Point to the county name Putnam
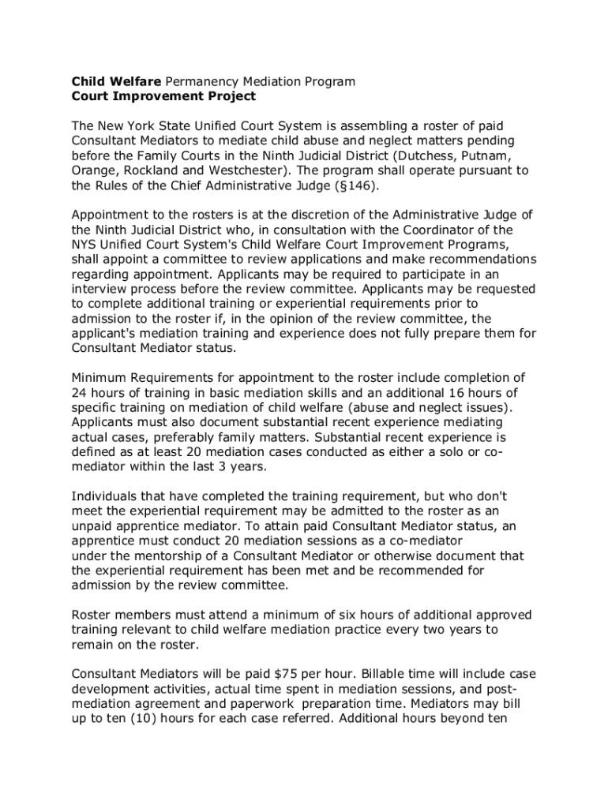pos(506,155)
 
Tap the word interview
pos(98,289)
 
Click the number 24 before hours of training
pos(79,393)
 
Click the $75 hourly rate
pos(284,674)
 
